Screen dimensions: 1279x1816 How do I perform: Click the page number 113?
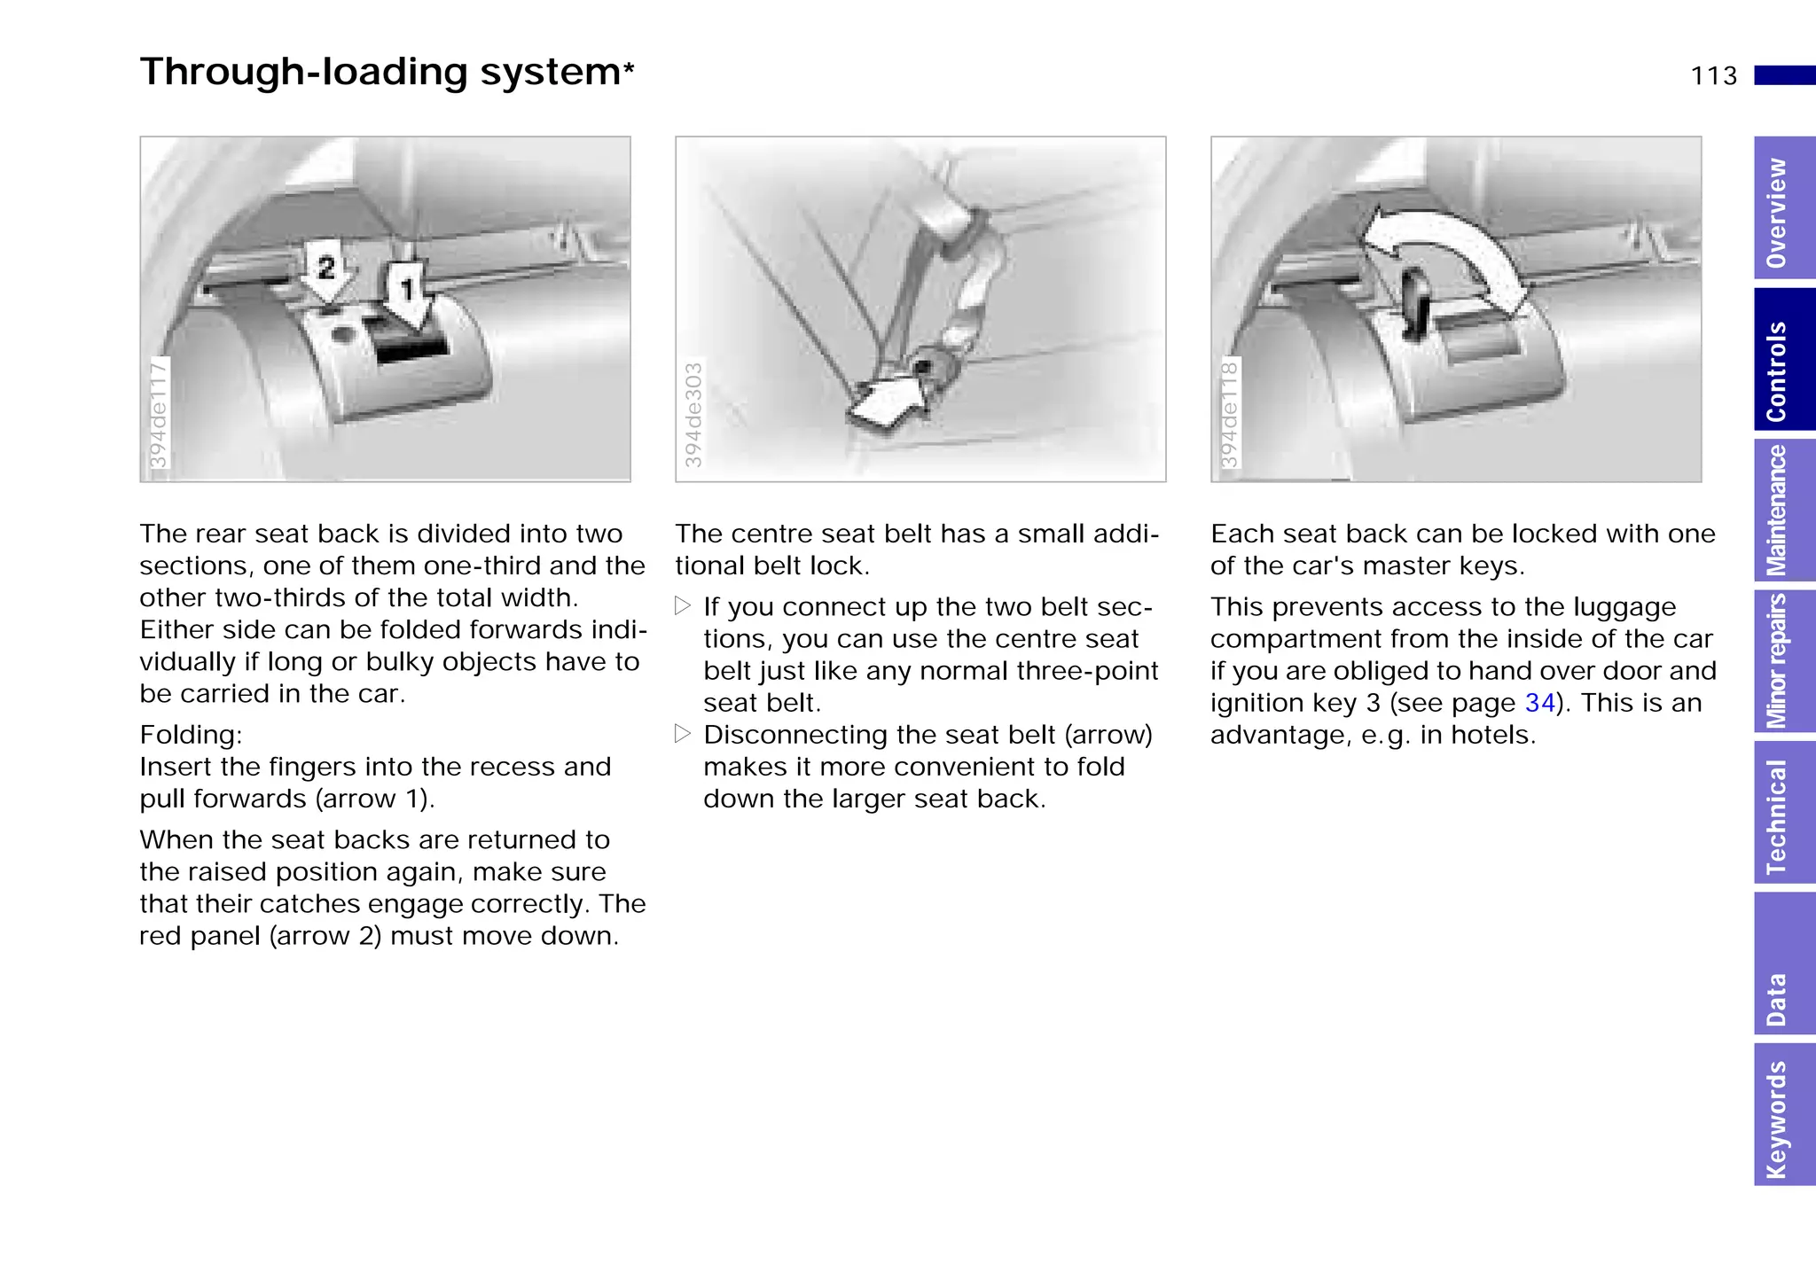1713,76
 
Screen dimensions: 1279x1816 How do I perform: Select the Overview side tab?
1783,211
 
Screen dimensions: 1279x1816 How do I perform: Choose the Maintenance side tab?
1783,510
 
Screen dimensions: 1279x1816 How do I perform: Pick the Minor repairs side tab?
1783,661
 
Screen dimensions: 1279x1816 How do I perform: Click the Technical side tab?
1783,814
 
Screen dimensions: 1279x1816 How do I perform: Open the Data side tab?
1783,964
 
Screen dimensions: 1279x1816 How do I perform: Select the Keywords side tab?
1783,1115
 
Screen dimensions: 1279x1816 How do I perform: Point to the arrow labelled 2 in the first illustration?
326,270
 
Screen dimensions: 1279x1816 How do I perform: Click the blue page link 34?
1540,704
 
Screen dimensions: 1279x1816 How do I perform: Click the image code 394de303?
693,414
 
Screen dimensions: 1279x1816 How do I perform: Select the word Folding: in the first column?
191,736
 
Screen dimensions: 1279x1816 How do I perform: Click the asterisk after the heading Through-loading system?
629,68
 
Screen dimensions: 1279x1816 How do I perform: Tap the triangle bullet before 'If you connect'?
682,607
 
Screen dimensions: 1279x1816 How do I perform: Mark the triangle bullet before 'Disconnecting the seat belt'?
682,735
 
